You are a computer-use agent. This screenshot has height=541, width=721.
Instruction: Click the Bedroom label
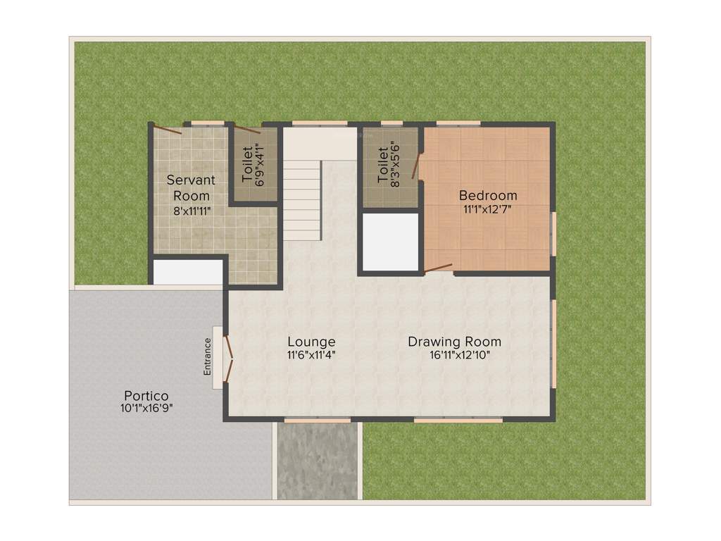(488, 195)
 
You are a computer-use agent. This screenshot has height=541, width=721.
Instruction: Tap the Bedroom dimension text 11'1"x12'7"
(488, 209)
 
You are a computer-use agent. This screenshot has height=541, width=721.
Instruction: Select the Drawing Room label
(454, 342)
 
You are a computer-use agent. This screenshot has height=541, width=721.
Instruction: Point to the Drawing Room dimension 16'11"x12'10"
(459, 355)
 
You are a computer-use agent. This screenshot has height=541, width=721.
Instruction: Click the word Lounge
(311, 342)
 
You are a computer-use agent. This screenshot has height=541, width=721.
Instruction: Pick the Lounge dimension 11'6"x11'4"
(311, 355)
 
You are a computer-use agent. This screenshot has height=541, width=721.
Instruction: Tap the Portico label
(146, 395)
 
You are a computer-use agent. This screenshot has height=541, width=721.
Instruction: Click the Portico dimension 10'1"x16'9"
(146, 408)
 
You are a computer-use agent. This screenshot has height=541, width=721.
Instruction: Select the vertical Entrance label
(208, 357)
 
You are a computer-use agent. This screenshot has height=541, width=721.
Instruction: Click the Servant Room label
(191, 187)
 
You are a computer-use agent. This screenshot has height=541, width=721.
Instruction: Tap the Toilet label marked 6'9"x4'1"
(247, 164)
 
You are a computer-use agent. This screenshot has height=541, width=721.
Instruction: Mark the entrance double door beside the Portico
(227, 358)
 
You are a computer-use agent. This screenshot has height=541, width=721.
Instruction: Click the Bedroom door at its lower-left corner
(438, 268)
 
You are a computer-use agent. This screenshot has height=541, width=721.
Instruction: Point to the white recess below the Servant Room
(187, 273)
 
